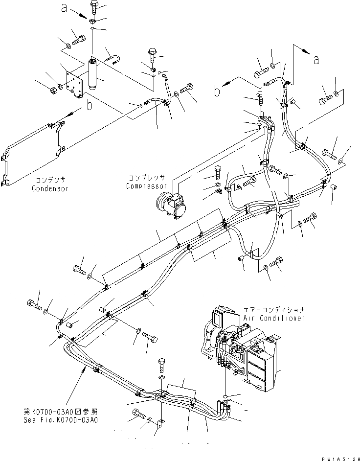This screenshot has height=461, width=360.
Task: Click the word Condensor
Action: (x=50, y=188)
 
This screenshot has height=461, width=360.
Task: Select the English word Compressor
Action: (x=146, y=186)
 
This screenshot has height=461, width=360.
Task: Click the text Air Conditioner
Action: (x=274, y=318)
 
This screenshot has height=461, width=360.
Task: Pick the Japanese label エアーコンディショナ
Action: (x=274, y=310)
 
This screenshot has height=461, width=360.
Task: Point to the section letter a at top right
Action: (x=316, y=60)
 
